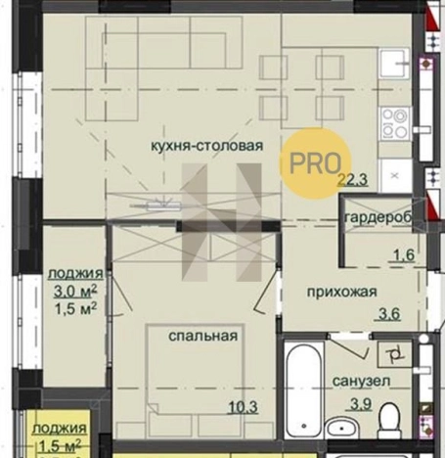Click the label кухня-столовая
click(207, 146)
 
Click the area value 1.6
click(401, 257)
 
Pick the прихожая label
click(341, 292)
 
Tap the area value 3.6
click(389, 314)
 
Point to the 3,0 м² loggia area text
click(71, 290)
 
